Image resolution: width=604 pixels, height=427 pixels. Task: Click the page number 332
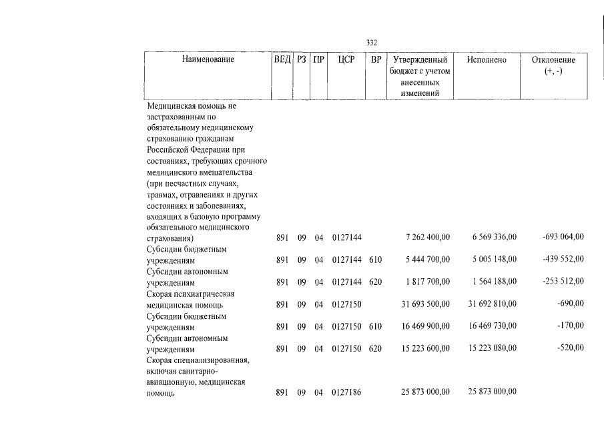pos(372,43)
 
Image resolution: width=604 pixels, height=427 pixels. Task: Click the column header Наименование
pos(208,60)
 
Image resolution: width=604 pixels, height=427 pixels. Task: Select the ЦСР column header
pos(346,60)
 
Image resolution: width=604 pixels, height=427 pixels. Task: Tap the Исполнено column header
pos(487,60)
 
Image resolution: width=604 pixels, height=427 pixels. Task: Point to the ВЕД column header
pos(283,60)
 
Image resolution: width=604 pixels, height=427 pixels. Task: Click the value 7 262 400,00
pos(427,238)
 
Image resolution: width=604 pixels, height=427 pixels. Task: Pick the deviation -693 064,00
pos(563,237)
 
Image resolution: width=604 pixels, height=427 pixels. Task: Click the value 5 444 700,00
pos(427,260)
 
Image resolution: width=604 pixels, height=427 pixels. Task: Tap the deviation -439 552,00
pos(563,259)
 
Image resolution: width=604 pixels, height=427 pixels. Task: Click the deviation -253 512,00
pos(563,281)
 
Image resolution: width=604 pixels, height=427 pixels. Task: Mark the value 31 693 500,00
pos(425,304)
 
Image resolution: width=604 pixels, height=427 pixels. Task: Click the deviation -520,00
pos(571,348)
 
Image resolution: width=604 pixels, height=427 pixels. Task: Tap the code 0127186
pos(346,394)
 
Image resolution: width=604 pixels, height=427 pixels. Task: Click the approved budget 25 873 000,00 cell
pos(425,394)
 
